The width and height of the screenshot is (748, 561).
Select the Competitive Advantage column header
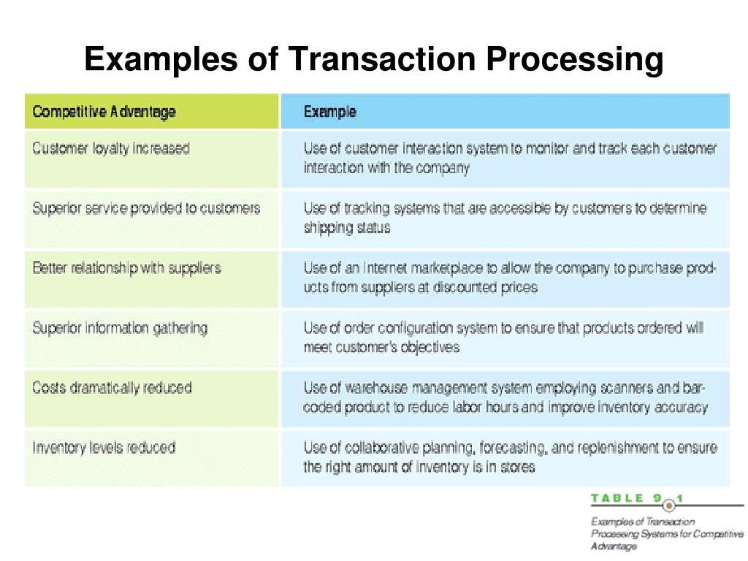click(104, 112)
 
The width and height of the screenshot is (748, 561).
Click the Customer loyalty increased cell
click(111, 148)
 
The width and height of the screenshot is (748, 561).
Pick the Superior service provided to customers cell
click(146, 208)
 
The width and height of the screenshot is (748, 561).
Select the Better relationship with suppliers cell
click(126, 268)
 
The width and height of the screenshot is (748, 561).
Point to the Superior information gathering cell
click(120, 328)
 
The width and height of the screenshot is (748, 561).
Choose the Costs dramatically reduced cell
click(112, 388)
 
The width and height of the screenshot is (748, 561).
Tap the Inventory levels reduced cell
click(104, 447)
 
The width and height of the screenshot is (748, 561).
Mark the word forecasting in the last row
click(522, 447)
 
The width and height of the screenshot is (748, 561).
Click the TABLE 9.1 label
click(636, 498)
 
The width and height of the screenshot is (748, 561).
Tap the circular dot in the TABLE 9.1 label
click(668, 503)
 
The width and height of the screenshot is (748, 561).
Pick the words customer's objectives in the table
click(397, 348)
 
